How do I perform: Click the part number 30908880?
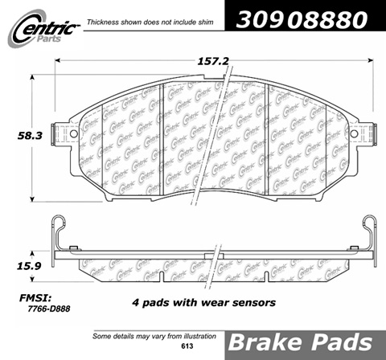(x=302, y=20)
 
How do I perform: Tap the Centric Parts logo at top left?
(x=43, y=29)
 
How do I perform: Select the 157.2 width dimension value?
(x=213, y=62)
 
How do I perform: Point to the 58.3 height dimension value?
(x=30, y=136)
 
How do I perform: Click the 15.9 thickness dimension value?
(x=29, y=266)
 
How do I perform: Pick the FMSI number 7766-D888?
(x=49, y=309)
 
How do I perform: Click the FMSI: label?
(x=35, y=298)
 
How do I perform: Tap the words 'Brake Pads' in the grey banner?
(x=300, y=342)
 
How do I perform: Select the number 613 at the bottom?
(x=187, y=346)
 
